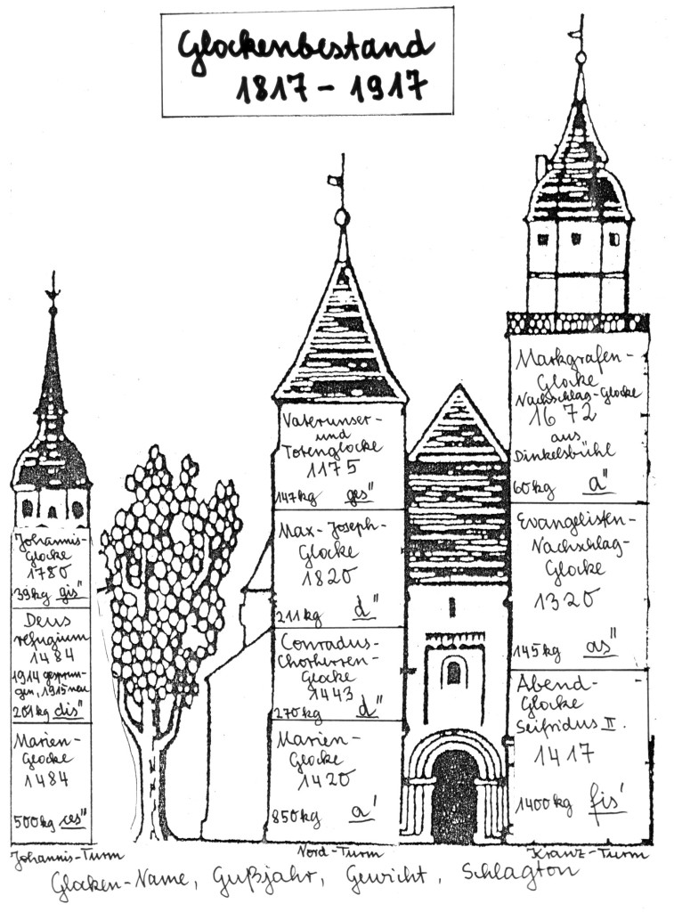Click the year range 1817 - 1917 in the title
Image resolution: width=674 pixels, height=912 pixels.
(330, 87)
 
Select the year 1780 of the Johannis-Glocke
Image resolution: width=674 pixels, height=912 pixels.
(51, 573)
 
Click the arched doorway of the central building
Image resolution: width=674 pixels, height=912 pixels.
(454, 794)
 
